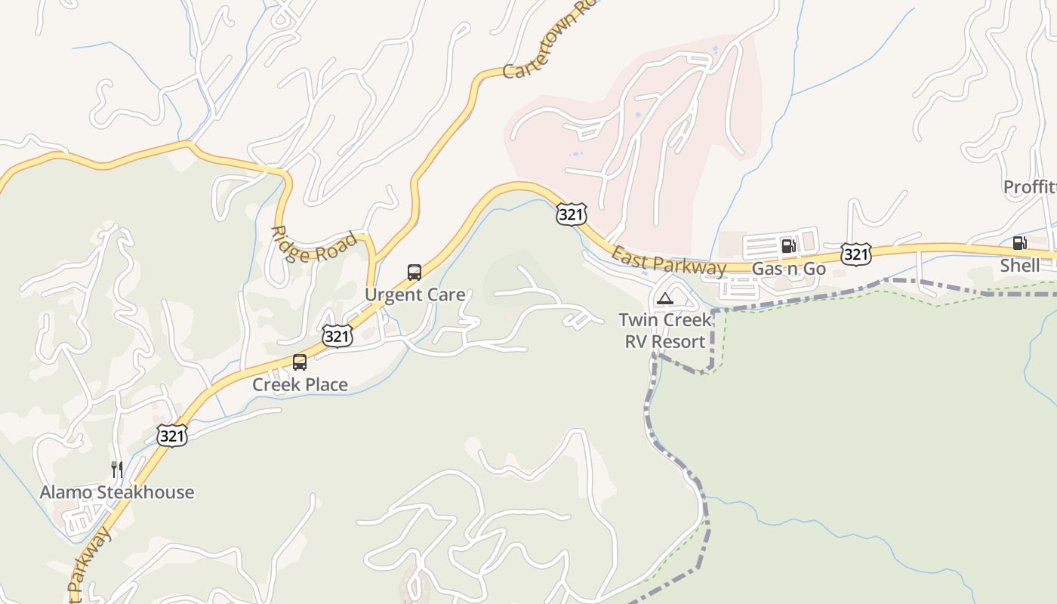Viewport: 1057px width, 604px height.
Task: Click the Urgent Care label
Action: (414, 294)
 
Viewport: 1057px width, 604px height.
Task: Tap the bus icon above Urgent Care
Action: (414, 273)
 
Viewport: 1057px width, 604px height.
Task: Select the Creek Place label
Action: (300, 384)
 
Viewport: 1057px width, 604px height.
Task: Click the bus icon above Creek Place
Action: (300, 362)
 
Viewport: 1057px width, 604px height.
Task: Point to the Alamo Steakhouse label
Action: (117, 492)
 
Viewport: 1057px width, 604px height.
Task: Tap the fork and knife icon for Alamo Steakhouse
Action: (117, 470)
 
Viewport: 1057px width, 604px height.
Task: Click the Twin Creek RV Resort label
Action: (665, 331)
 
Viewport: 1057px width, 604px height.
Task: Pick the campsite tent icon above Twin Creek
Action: (664, 298)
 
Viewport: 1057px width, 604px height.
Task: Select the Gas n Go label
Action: (789, 269)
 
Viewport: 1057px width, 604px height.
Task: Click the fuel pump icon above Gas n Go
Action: (788, 245)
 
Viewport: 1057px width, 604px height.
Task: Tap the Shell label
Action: (1019, 265)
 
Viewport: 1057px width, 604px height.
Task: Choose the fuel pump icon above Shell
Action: (1019, 243)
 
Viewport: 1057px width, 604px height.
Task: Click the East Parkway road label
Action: (669, 260)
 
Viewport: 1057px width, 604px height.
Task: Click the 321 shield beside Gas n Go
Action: (855, 254)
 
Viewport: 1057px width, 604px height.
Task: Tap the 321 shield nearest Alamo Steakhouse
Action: (172, 435)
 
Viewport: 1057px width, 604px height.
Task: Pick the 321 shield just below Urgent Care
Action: (337, 336)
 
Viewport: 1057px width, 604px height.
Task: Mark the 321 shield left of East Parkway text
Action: (571, 215)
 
